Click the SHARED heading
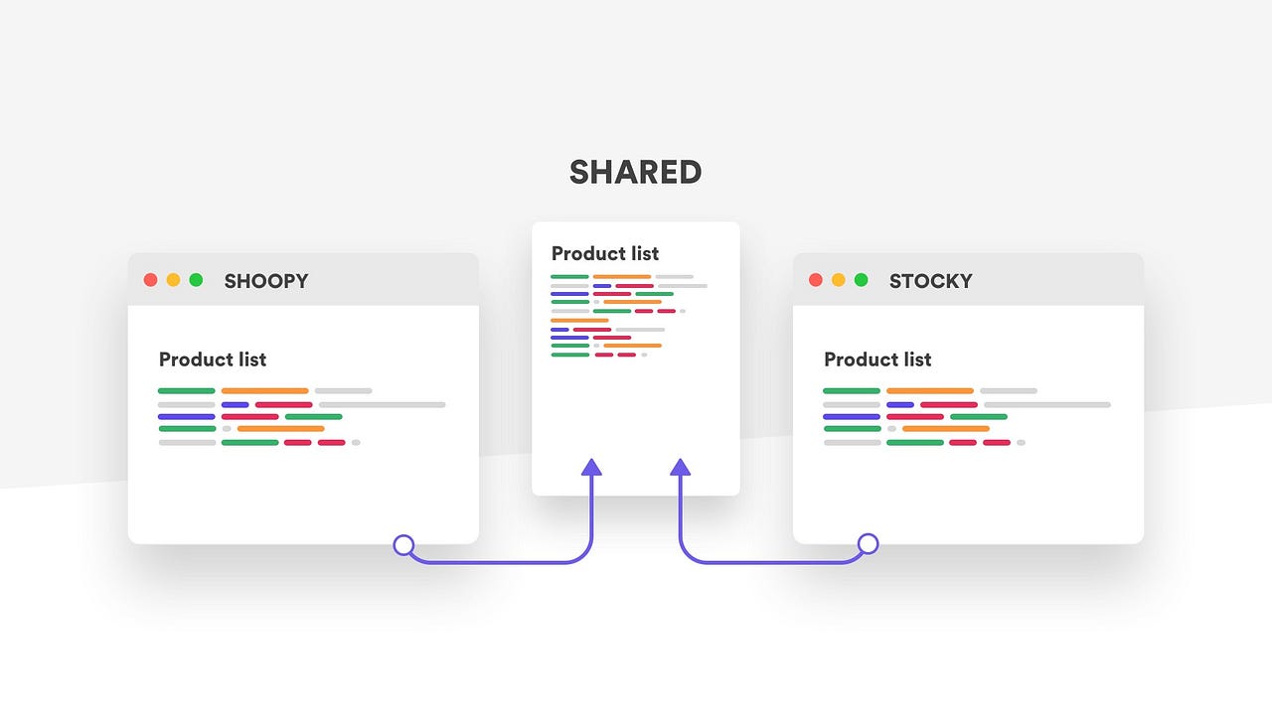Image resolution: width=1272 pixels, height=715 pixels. (636, 173)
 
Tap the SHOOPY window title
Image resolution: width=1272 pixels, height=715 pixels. (266, 281)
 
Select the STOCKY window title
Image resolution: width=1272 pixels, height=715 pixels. (930, 281)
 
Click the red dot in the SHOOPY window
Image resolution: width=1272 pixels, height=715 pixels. (151, 280)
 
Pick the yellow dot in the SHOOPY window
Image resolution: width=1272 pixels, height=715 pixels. (174, 280)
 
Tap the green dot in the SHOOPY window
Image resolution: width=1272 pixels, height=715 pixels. (196, 280)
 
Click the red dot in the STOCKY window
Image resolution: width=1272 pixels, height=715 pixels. (816, 280)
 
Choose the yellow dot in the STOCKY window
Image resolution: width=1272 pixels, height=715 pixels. (839, 280)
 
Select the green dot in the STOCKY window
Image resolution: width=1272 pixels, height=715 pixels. (861, 280)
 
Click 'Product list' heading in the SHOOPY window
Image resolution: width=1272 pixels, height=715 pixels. (213, 359)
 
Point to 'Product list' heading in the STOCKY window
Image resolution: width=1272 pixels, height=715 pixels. (877, 359)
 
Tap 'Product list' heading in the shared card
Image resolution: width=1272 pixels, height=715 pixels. (605, 253)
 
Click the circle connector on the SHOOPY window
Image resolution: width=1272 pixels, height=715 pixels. (403, 544)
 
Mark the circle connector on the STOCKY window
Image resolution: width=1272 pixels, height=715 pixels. (868, 544)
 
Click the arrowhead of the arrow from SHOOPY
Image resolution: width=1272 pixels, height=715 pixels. (591, 467)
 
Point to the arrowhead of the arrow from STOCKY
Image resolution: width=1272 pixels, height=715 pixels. (681, 467)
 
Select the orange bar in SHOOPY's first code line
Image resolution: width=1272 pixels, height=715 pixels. (264, 391)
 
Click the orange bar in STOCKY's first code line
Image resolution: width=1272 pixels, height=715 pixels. (930, 391)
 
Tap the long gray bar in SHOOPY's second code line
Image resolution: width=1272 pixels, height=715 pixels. (383, 405)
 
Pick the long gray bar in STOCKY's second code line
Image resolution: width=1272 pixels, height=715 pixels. (1047, 405)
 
